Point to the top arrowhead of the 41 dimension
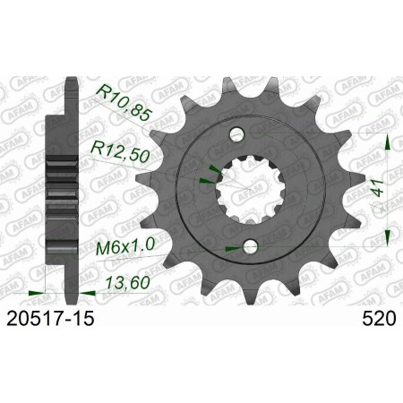click(386, 141)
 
